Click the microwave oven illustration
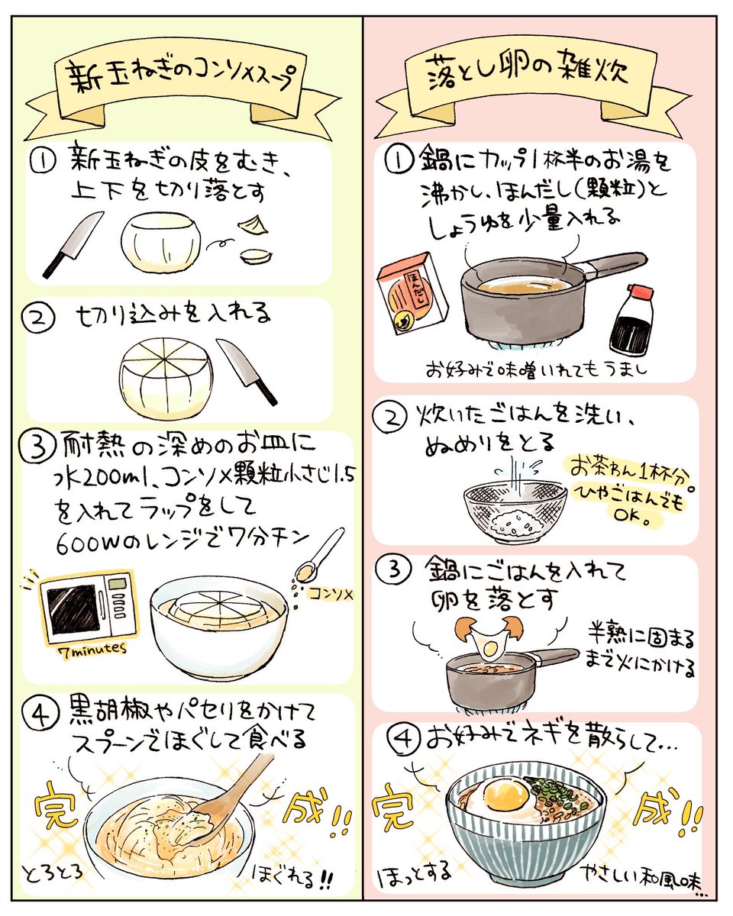point(87,607)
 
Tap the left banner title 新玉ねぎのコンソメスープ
point(179,76)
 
